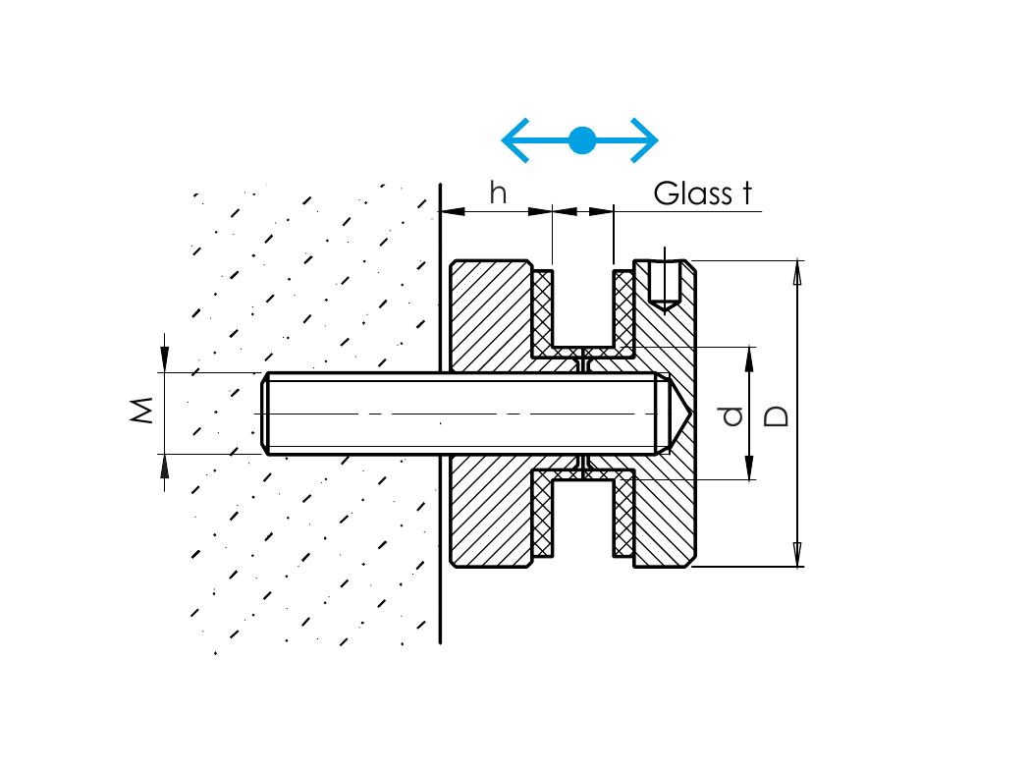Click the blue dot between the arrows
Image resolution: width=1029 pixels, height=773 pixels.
(x=581, y=140)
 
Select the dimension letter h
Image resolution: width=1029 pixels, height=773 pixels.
(x=499, y=193)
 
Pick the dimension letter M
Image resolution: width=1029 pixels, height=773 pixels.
(x=143, y=411)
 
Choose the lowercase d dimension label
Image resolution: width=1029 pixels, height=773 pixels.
(x=731, y=416)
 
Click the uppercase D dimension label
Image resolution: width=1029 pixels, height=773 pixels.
(x=776, y=415)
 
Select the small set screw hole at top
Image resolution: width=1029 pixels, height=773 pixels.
(x=666, y=285)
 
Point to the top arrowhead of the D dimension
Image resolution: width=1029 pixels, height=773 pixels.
(x=797, y=272)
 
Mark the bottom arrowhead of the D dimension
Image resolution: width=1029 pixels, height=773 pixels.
(x=797, y=554)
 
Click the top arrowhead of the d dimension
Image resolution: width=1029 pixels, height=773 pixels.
(x=751, y=358)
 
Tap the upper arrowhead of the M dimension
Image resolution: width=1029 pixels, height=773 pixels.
(x=164, y=359)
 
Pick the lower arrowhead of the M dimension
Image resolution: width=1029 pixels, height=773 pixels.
(x=164, y=466)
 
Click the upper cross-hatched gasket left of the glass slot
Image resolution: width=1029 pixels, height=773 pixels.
(x=542, y=309)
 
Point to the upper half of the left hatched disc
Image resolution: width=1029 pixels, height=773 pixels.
(x=488, y=314)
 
